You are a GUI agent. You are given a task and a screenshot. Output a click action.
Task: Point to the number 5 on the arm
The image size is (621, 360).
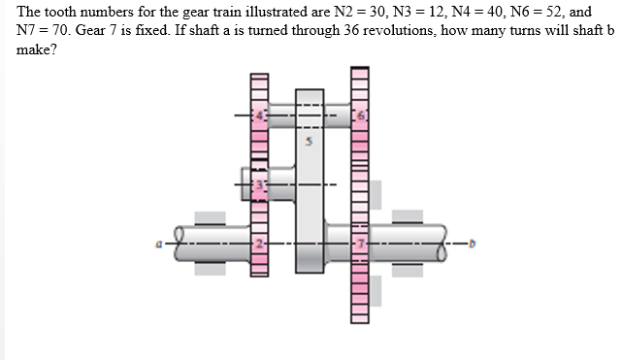click(310, 143)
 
